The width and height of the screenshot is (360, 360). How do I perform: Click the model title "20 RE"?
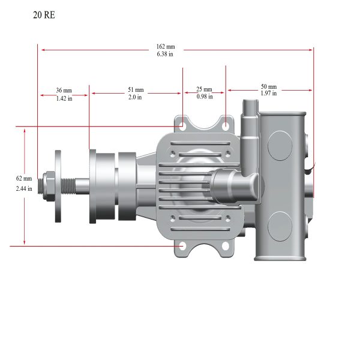[44, 15]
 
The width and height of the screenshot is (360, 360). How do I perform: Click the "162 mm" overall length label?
[166, 47]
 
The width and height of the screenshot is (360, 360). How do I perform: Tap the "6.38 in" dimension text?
[165, 54]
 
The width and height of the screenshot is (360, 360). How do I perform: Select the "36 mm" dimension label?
[64, 90]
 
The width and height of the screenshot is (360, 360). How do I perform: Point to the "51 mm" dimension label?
[136, 89]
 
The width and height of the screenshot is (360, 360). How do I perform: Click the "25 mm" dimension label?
[204, 89]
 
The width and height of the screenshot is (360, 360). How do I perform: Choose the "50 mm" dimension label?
[269, 86]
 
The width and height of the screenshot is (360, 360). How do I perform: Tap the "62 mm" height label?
[24, 178]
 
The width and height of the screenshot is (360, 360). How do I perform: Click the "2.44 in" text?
[24, 188]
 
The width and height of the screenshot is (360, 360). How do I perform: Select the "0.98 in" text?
[205, 97]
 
